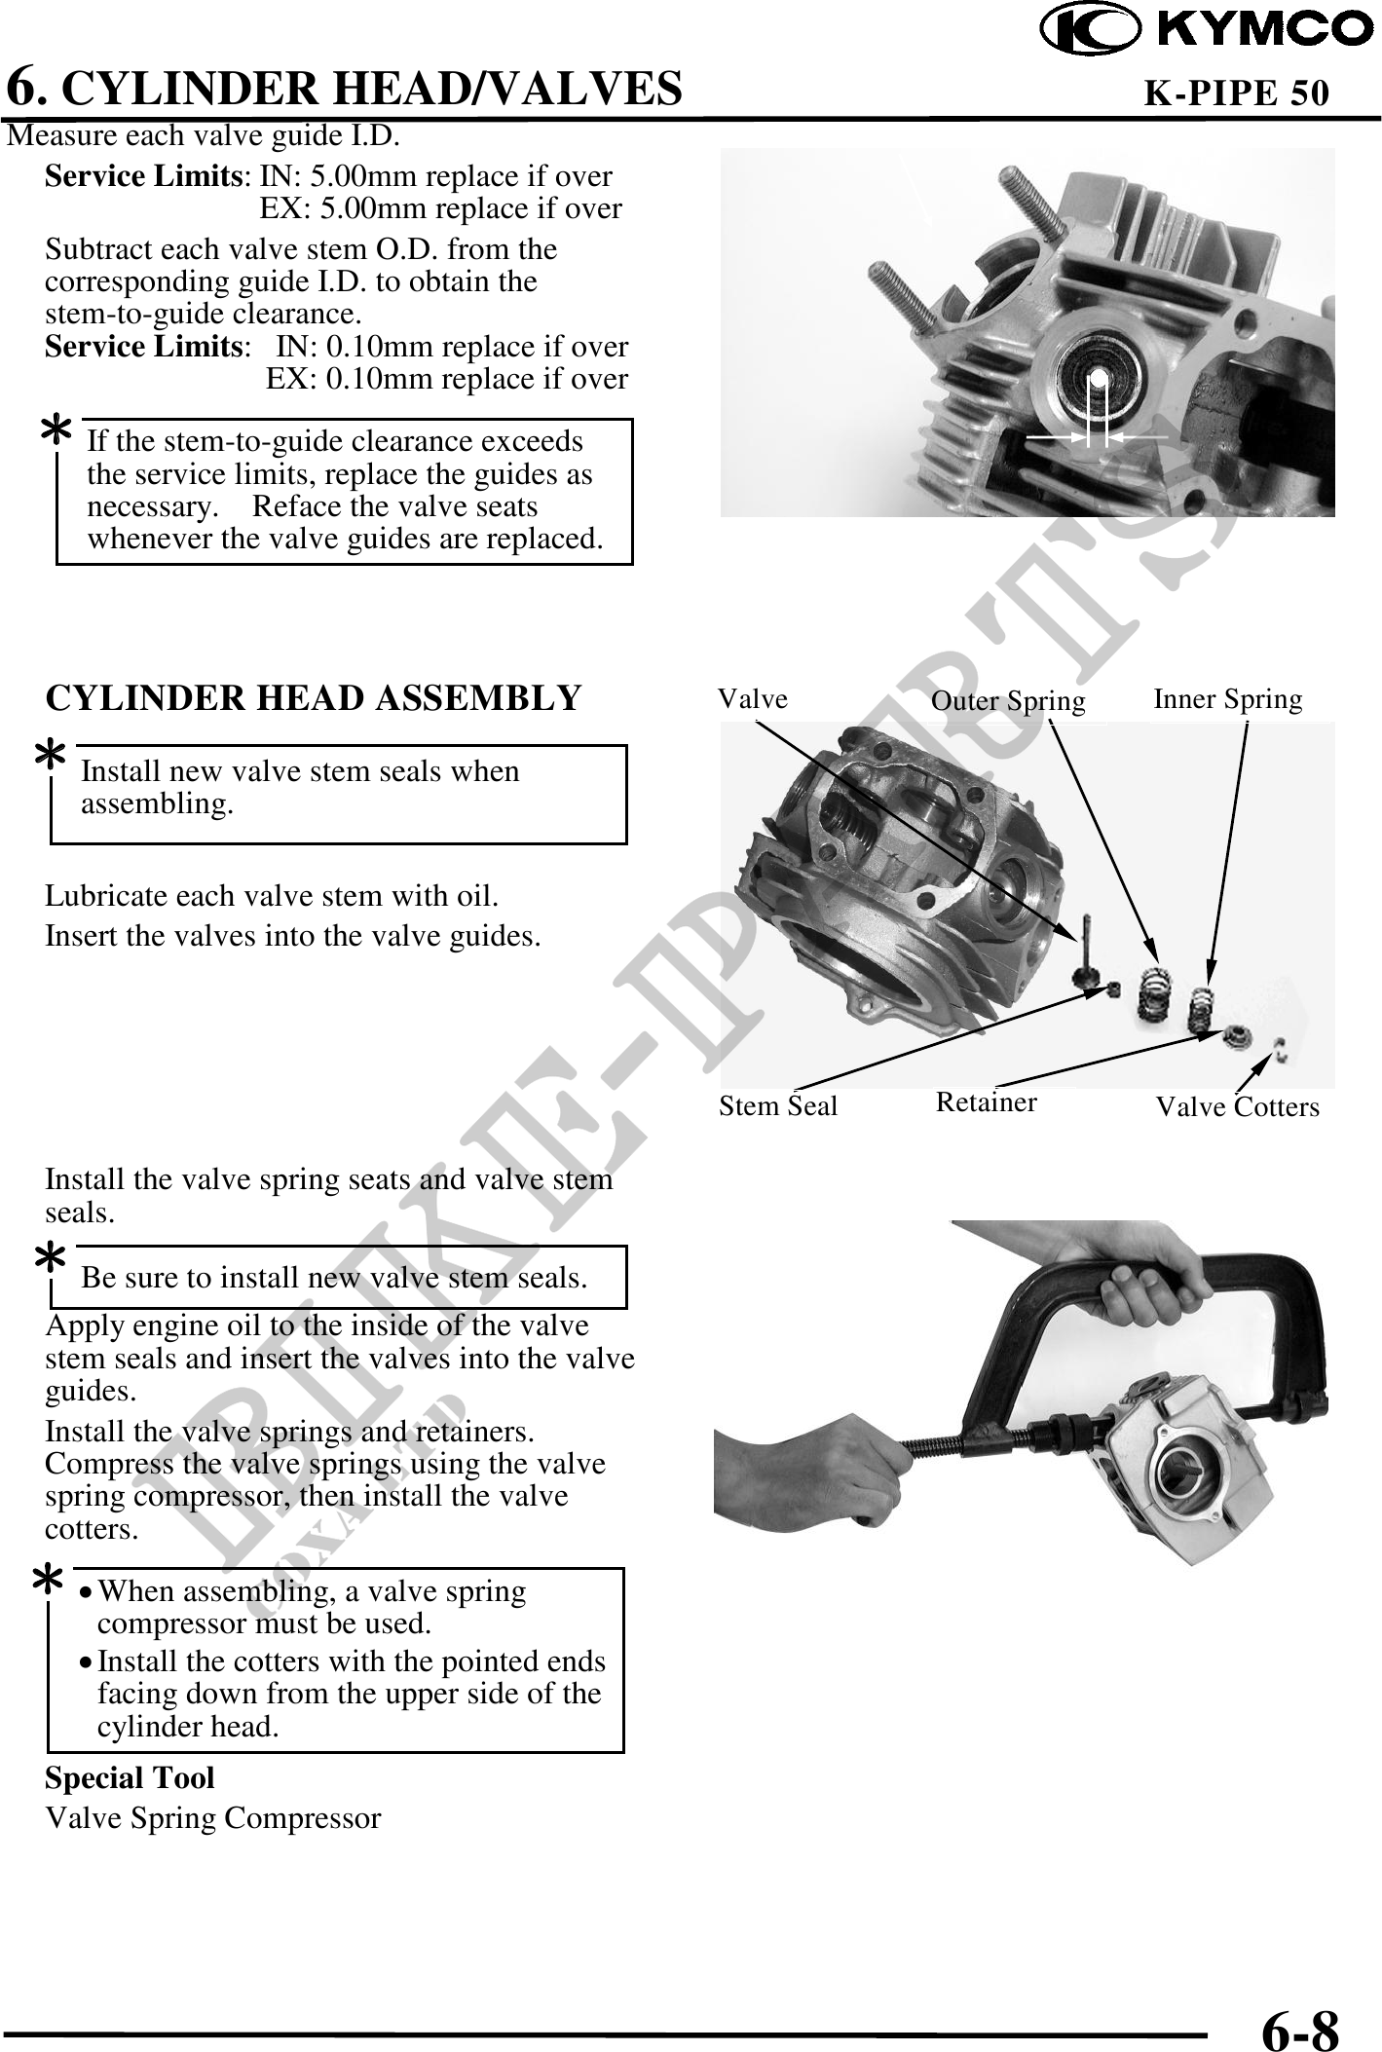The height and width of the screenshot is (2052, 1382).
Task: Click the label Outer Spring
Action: pyautogui.click(x=1008, y=701)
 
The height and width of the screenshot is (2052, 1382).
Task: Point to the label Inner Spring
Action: pyautogui.click(x=1227, y=699)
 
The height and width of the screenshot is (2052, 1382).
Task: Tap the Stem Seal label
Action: pyautogui.click(x=778, y=1105)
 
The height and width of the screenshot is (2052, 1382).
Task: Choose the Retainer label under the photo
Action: pyautogui.click(x=987, y=1101)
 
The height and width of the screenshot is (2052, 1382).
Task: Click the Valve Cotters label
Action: pyautogui.click(x=1237, y=1106)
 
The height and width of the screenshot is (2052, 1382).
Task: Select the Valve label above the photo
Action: pyautogui.click(x=753, y=698)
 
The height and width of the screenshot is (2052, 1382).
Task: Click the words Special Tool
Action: pyautogui.click(x=130, y=1777)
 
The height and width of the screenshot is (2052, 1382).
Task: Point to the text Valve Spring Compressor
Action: pyautogui.click(x=213, y=1817)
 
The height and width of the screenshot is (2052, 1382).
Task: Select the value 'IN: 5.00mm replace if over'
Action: pyautogui.click(x=435, y=176)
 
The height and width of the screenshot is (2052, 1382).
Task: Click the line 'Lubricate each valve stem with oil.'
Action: pyautogui.click(x=273, y=896)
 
